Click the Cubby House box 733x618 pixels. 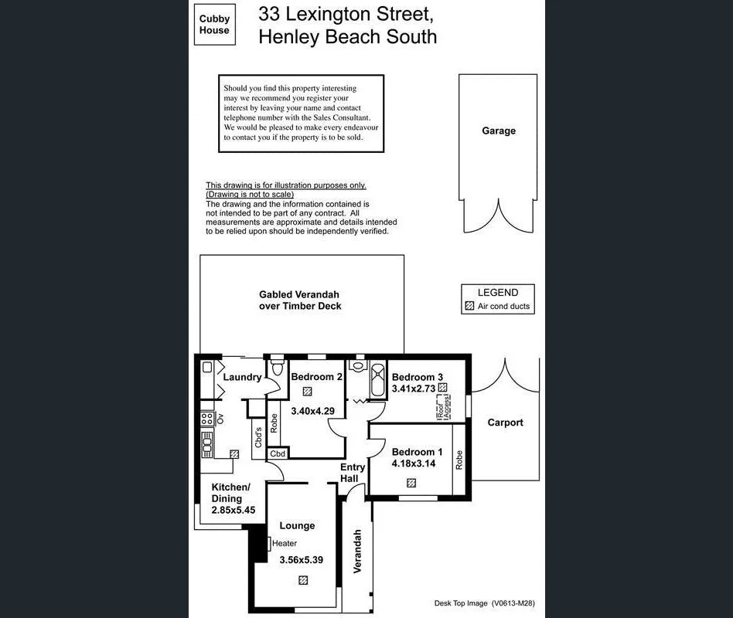[x=214, y=25]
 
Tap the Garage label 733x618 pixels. [x=498, y=131]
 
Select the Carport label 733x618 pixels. [x=505, y=423]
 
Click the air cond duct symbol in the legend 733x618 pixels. [x=469, y=307]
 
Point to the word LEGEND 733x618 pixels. [x=497, y=293]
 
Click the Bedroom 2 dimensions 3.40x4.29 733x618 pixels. [x=312, y=411]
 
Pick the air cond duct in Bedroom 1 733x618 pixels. [x=411, y=483]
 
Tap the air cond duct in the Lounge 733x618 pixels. [x=303, y=579]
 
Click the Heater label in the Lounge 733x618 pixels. [x=284, y=543]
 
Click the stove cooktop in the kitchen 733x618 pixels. [x=207, y=419]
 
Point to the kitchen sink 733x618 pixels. [x=207, y=443]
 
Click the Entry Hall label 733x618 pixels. [x=353, y=473]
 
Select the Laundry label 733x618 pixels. [x=242, y=377]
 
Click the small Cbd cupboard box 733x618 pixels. [x=278, y=453]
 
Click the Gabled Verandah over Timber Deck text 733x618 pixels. [x=299, y=301]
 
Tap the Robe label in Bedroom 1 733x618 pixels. [x=459, y=460]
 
